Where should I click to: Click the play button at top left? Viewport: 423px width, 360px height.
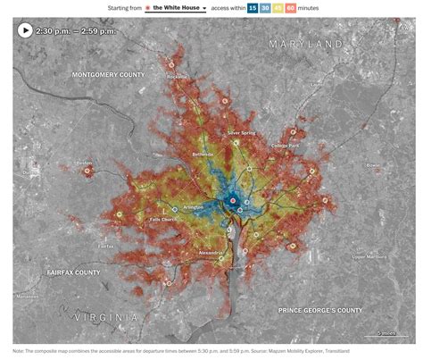coord(24,29)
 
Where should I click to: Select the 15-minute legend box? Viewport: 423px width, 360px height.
coord(253,8)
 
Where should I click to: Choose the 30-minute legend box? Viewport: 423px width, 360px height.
coord(265,8)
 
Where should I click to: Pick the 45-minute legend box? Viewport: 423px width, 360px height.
coord(278,8)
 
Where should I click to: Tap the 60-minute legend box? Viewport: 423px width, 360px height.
coord(290,8)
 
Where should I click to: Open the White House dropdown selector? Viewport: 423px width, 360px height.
coord(179,8)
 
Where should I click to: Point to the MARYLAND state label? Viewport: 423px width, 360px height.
coord(306,44)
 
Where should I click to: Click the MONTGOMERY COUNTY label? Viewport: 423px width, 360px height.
coord(107,74)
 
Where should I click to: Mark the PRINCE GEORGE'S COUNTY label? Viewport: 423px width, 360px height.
coord(320,310)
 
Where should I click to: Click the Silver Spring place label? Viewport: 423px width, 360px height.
coord(241,132)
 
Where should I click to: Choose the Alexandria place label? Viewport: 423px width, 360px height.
coord(211,253)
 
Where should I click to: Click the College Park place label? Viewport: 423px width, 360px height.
coord(286,146)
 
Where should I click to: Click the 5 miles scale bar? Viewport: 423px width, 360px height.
coord(386,333)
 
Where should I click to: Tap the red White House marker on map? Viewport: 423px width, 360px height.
coord(232,202)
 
